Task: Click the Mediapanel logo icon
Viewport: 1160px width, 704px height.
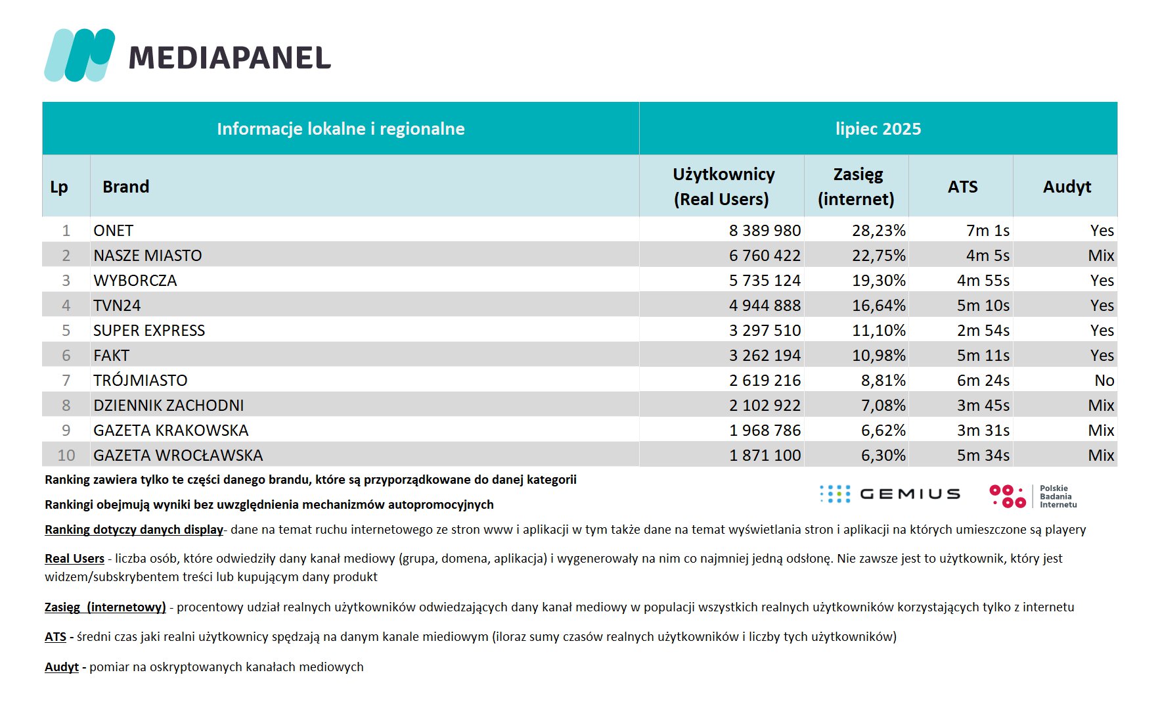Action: pyautogui.click(x=79, y=55)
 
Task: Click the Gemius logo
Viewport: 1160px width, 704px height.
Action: pyautogui.click(x=890, y=494)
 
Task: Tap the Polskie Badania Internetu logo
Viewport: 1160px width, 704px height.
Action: pyautogui.click(x=1033, y=496)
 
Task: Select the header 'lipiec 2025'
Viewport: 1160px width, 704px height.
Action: pyautogui.click(x=878, y=129)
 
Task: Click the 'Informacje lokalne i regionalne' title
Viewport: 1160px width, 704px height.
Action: pyautogui.click(x=341, y=129)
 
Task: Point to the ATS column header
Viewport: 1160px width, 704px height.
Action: pyautogui.click(x=962, y=187)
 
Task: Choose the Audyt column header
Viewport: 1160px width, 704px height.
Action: pyautogui.click(x=1067, y=187)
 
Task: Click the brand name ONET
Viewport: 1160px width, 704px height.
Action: pyautogui.click(x=114, y=231)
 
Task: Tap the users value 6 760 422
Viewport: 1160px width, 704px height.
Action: pyautogui.click(x=765, y=256)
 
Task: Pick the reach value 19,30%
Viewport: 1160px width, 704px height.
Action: pyautogui.click(x=879, y=281)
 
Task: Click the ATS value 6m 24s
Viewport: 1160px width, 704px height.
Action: pyautogui.click(x=983, y=381)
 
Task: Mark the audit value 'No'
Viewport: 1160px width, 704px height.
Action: pyautogui.click(x=1104, y=381)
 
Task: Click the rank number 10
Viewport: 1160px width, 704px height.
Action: pyautogui.click(x=66, y=456)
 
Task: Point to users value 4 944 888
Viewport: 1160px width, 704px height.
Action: pyautogui.click(x=765, y=306)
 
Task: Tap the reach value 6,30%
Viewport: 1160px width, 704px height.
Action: pyautogui.click(x=883, y=456)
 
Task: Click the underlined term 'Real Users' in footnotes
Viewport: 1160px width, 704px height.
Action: pyautogui.click(x=74, y=559)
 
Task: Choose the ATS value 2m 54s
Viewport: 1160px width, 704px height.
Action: pyautogui.click(x=983, y=331)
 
